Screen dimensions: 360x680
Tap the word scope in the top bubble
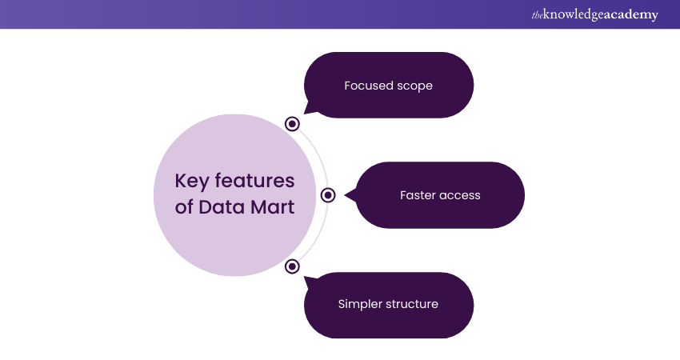tap(415, 86)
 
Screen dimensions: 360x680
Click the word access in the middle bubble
tap(461, 195)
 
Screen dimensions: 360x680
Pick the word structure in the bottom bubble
tap(412, 304)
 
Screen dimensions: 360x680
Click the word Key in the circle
tap(191, 181)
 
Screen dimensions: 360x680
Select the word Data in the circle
tap(220, 207)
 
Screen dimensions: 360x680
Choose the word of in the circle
tap(184, 207)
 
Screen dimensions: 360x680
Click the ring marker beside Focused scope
tap(292, 123)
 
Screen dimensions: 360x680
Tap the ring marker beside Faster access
tap(327, 195)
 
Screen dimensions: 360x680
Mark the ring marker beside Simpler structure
tap(292, 266)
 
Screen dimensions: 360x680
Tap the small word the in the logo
tap(536, 15)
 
